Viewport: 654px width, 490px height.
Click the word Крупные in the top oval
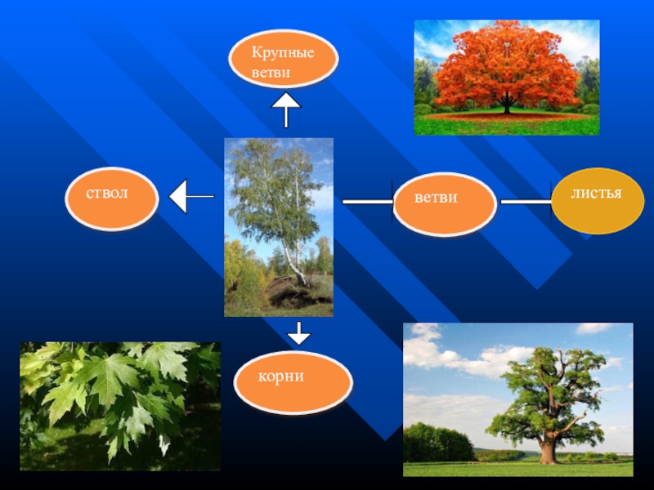pos(283,53)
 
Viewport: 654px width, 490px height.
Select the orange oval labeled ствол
pos(111,199)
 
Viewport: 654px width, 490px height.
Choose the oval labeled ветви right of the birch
pos(445,204)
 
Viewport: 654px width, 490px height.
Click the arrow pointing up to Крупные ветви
pos(286,109)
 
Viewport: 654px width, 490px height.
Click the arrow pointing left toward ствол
pos(190,197)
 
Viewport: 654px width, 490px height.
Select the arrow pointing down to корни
pos(299,332)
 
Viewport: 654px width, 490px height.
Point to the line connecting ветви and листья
pos(526,201)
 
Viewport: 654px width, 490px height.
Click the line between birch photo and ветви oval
pos(368,201)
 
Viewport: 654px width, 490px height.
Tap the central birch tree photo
pos(279,227)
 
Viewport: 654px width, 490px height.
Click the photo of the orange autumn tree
pos(506,78)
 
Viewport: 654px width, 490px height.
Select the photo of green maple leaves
pos(120,406)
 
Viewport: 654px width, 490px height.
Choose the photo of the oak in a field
pos(517,399)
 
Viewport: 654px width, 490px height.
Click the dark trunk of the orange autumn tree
pos(507,105)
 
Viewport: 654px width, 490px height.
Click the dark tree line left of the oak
pos(437,443)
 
